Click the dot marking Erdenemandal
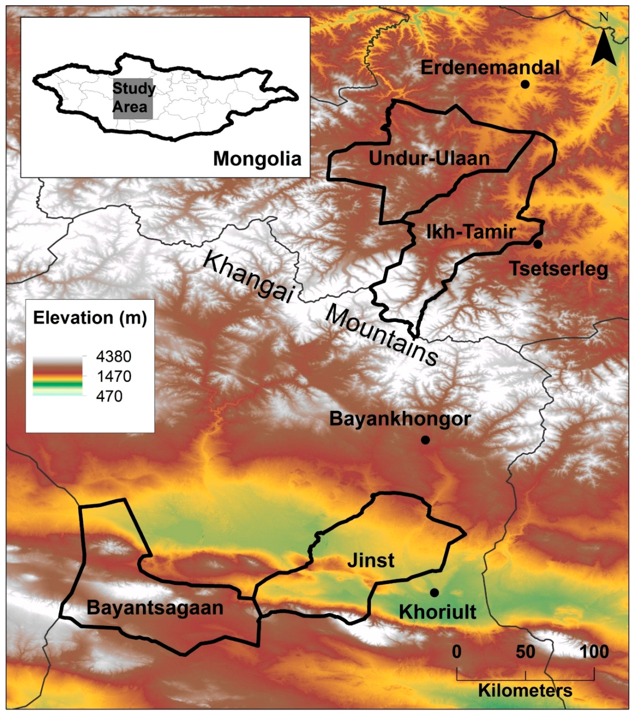(524, 84)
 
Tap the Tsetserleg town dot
(538, 244)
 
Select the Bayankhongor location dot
(425, 440)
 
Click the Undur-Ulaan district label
(429, 159)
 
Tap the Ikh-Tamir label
(471, 232)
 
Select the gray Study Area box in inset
(133, 99)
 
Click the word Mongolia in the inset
(257, 159)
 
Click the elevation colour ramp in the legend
(57, 376)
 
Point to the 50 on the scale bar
(525, 652)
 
